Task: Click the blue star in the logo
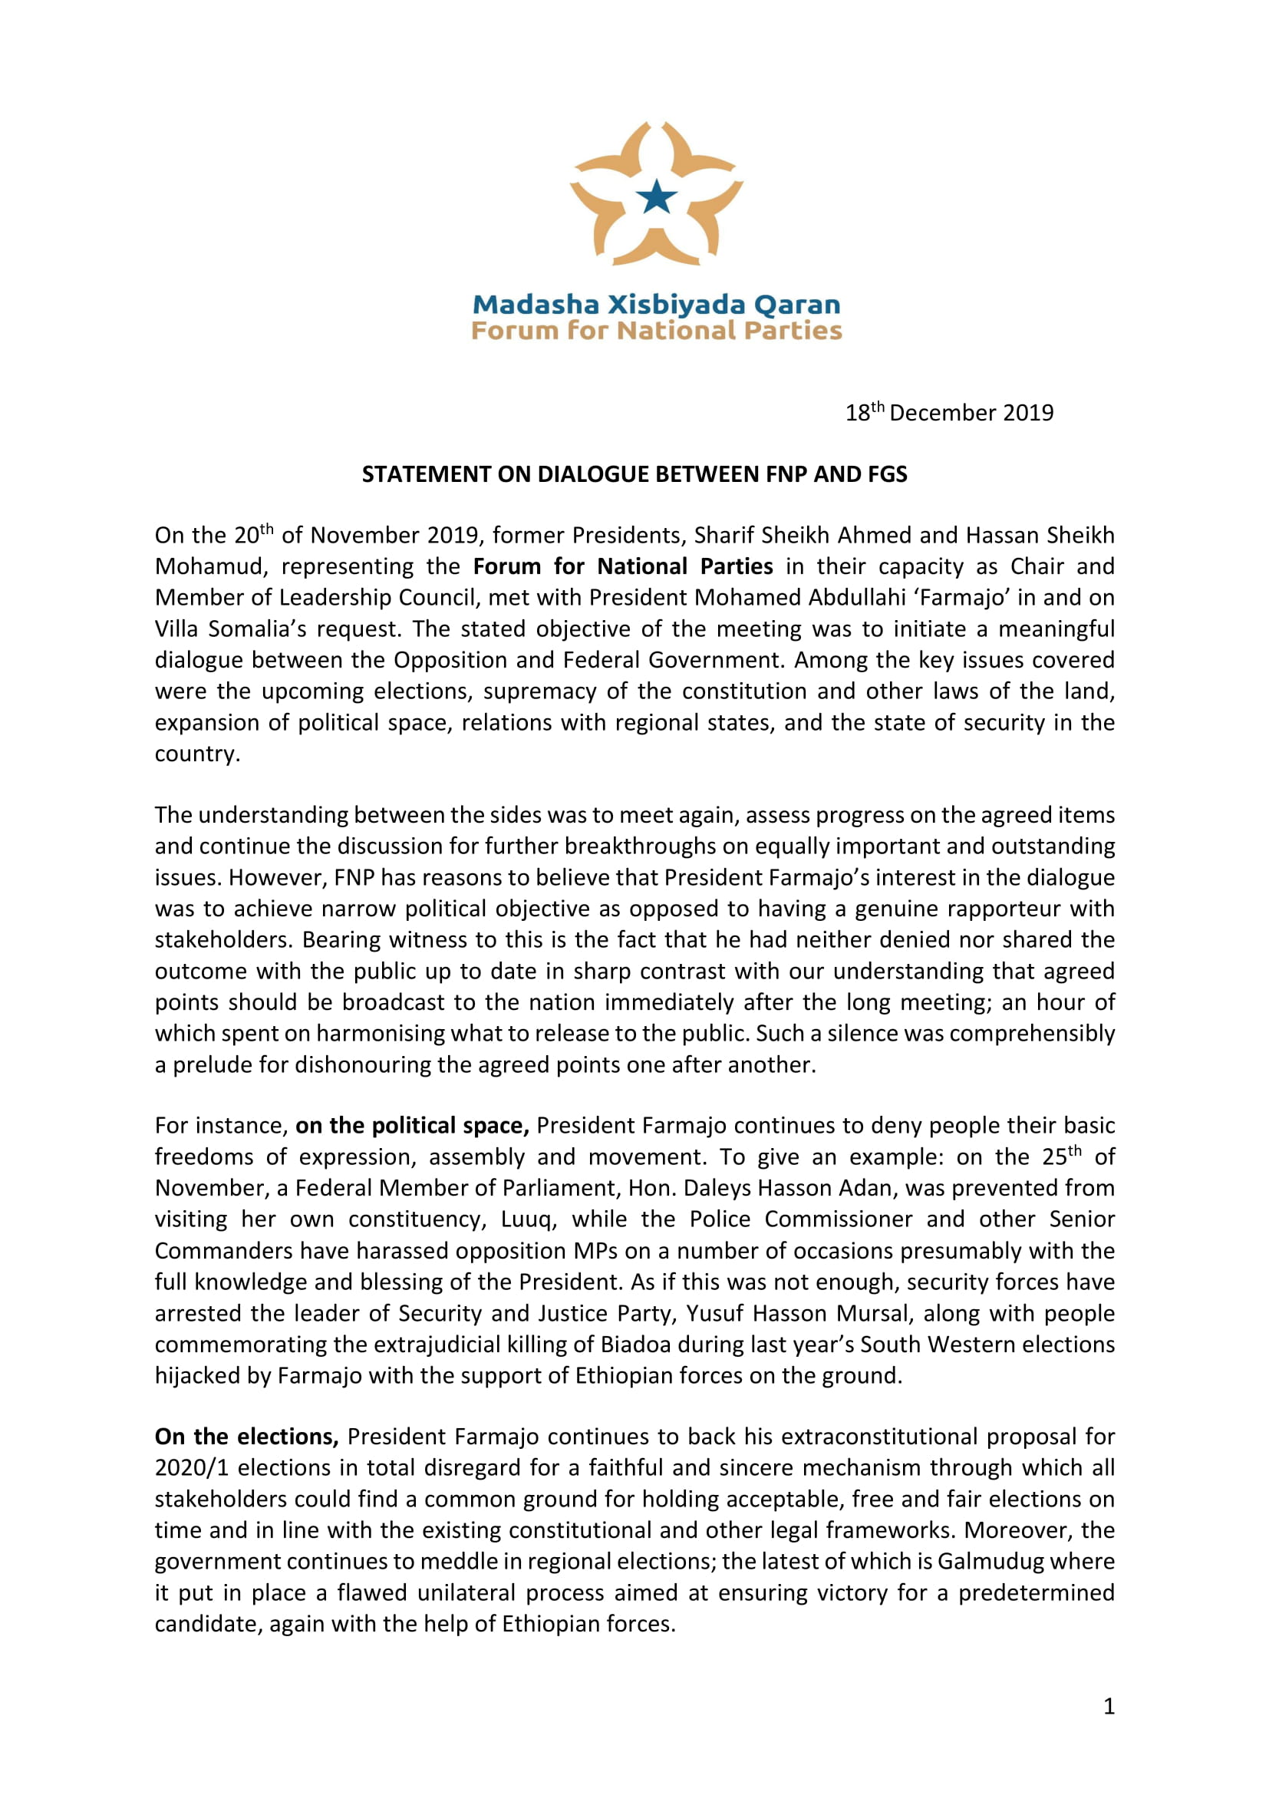tap(657, 197)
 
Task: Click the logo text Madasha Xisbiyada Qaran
tap(657, 304)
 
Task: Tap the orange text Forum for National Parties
tap(657, 331)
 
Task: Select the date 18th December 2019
tap(948, 412)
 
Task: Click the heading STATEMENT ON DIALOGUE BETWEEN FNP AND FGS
tap(634, 473)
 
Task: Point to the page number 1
tap(1109, 1706)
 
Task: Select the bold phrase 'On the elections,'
tap(246, 1436)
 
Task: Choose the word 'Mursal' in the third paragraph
tap(873, 1312)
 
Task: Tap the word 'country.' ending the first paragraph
tap(197, 754)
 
